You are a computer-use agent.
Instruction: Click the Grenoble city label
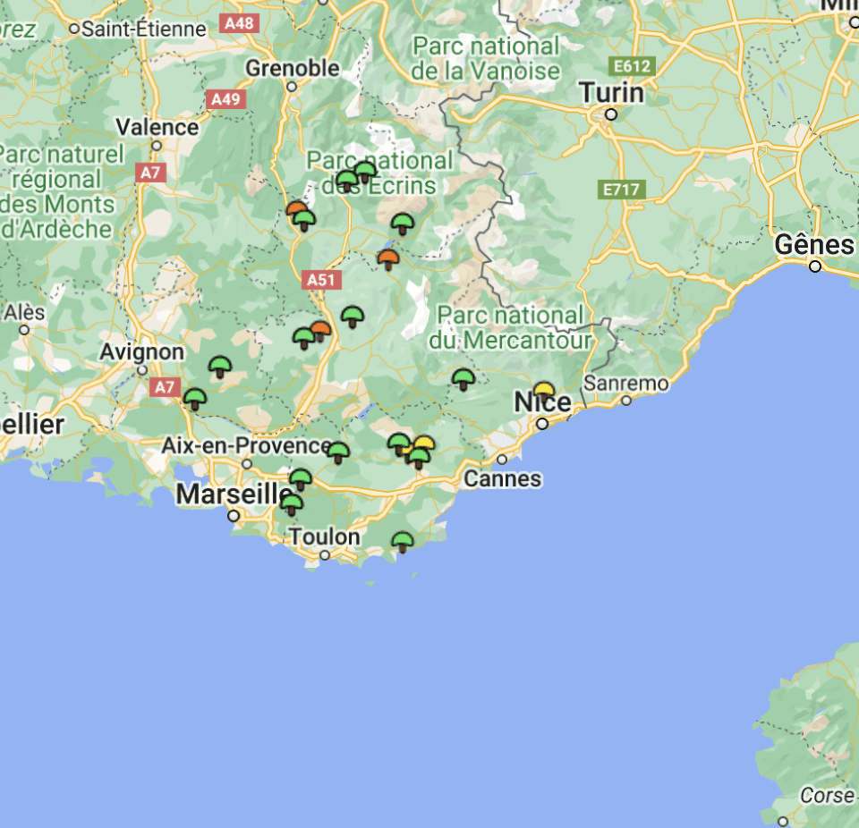pyautogui.click(x=293, y=68)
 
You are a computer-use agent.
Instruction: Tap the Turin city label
pyautogui.click(x=611, y=92)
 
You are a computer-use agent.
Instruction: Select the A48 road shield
pyautogui.click(x=240, y=23)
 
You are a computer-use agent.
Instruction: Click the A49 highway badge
pyautogui.click(x=225, y=98)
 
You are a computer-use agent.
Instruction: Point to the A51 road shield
pyautogui.click(x=320, y=280)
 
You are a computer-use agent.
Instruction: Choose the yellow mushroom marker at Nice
pyautogui.click(x=543, y=392)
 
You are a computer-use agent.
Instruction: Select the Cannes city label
pyautogui.click(x=502, y=479)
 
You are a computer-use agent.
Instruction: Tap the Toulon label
pyautogui.click(x=324, y=537)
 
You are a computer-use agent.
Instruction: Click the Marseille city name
pyautogui.click(x=234, y=494)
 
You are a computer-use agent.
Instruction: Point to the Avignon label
pyautogui.click(x=141, y=351)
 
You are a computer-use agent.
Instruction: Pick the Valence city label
pyautogui.click(x=157, y=127)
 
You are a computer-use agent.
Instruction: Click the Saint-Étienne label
pyautogui.click(x=143, y=29)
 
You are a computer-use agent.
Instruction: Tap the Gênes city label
pyautogui.click(x=814, y=244)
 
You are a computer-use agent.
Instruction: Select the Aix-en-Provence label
pyautogui.click(x=246, y=445)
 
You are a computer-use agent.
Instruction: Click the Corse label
pyautogui.click(x=826, y=795)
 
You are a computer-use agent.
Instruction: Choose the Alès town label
pyautogui.click(x=24, y=312)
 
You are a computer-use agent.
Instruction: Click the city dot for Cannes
pyautogui.click(x=502, y=460)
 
